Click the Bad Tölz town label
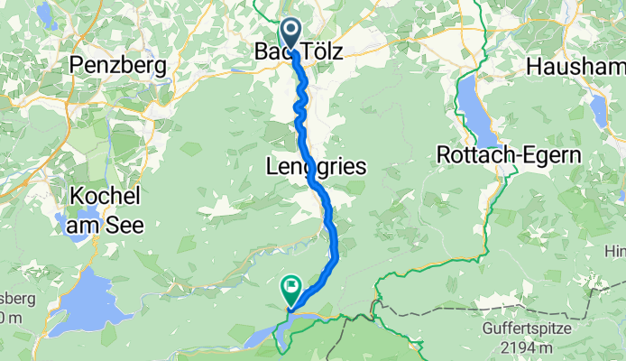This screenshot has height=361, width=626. coord(299,53)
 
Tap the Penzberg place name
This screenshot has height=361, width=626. coord(118,65)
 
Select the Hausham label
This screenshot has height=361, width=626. coord(575,66)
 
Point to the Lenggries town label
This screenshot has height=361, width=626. coord(316,166)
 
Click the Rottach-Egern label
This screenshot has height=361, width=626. coord(509,154)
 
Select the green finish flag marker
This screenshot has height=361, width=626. coord(291,289)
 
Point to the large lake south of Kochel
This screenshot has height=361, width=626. coord(87,298)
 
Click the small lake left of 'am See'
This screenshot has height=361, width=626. coord(58,219)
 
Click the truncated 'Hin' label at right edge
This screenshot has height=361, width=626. coord(616,250)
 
